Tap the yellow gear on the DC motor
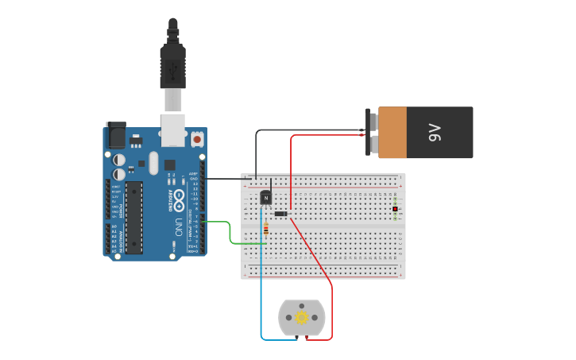(302, 318)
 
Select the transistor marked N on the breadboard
(266, 197)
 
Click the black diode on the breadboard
(280, 213)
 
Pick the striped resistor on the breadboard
(265, 230)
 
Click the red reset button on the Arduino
(197, 139)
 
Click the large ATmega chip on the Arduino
(133, 217)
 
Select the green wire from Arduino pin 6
(230, 234)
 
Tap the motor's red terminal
(307, 338)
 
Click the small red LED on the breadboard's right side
(395, 209)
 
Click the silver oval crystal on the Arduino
(153, 163)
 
